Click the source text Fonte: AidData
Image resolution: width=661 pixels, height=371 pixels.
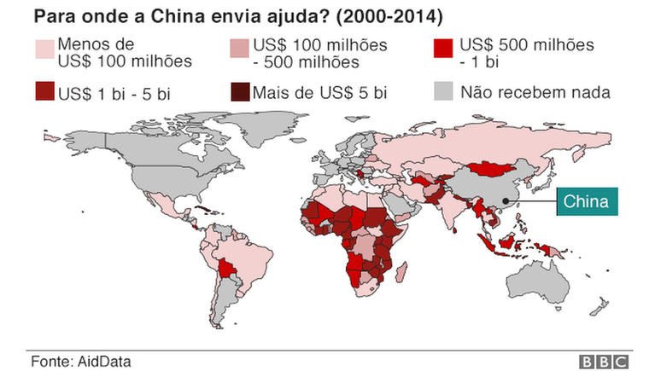[81, 361]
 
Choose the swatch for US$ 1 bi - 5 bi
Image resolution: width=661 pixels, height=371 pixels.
[43, 92]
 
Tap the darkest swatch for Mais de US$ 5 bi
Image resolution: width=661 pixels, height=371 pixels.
[240, 92]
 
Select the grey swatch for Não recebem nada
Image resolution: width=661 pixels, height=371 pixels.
[444, 92]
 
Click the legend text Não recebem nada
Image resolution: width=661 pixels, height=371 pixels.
[535, 92]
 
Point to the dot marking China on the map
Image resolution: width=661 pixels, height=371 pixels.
[506, 202]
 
